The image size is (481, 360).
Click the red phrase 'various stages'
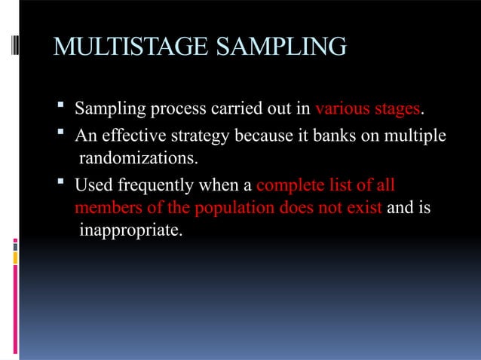tap(367, 110)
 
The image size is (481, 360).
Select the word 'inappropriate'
tap(130, 229)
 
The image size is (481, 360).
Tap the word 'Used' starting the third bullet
tap(90, 185)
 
